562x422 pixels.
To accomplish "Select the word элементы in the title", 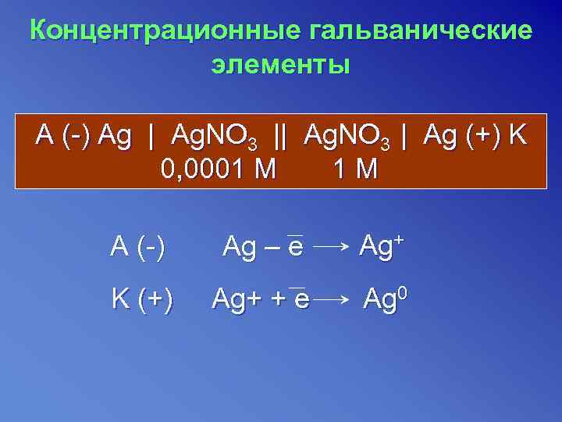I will (x=281, y=63).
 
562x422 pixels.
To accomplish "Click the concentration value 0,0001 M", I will (x=218, y=168).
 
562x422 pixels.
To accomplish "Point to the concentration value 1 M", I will (x=355, y=168).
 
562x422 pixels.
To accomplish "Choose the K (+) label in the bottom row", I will (x=143, y=298).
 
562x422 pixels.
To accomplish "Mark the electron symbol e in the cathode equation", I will (x=301, y=299).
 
